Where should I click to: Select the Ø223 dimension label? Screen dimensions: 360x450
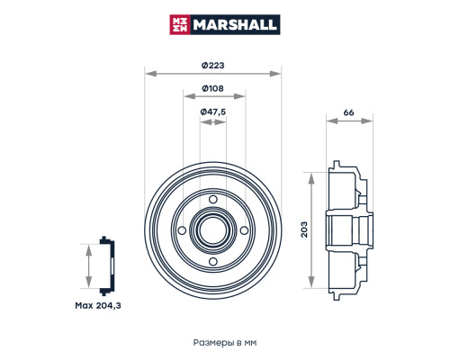point(213,64)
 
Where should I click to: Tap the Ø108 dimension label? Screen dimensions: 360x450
point(213,87)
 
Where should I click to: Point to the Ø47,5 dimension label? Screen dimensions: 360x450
point(213,111)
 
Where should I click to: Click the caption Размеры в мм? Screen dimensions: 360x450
point(225,343)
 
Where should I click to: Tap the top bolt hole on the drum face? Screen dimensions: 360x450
point(213,200)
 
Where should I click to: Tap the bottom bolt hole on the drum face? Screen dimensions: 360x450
point(213,262)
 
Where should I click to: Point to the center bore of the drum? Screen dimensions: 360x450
point(213,230)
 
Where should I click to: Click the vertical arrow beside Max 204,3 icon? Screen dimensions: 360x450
point(88,266)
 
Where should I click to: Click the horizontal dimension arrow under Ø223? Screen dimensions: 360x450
point(213,73)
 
